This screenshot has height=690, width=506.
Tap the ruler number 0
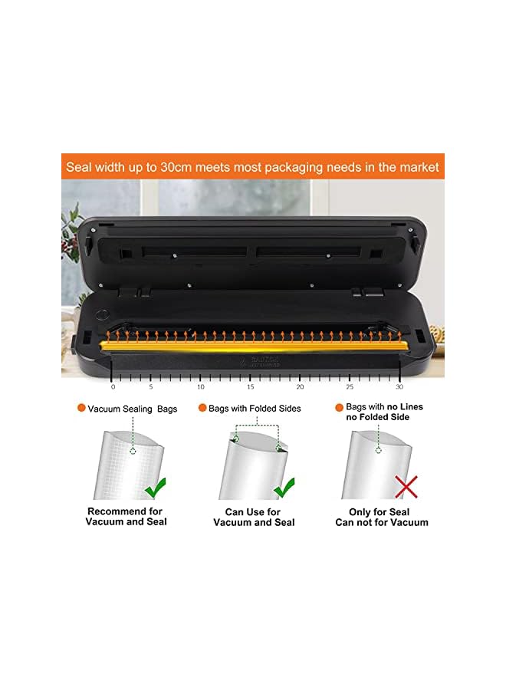(113, 386)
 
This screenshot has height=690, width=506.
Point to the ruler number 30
(399, 386)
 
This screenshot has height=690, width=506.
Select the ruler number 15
(250, 386)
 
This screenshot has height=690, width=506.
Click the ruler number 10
(200, 386)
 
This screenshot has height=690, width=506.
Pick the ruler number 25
(350, 386)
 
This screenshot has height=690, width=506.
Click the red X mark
(406, 486)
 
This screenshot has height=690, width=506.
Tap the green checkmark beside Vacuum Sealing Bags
(156, 487)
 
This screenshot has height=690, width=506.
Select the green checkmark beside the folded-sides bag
(284, 487)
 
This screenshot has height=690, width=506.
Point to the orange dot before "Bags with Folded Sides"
(202, 409)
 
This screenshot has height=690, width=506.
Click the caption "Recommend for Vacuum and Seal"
(126, 517)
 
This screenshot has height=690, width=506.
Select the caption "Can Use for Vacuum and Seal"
(253, 517)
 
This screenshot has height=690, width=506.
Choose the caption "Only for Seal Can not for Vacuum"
(382, 517)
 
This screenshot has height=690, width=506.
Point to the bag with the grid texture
(123, 466)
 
